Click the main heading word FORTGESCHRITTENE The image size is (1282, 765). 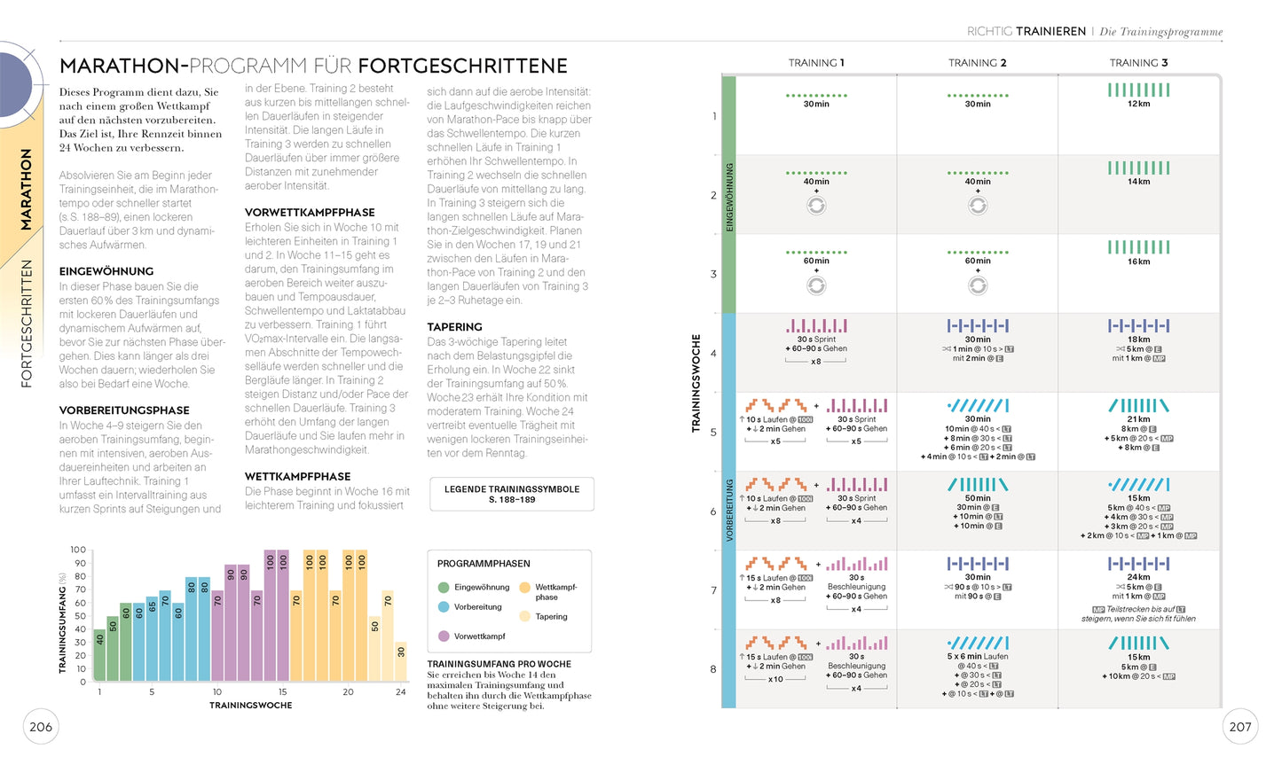click(x=462, y=66)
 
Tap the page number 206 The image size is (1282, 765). click(x=41, y=727)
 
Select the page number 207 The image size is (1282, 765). click(x=1239, y=727)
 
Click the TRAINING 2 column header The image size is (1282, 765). click(x=977, y=63)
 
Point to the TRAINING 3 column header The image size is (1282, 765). click(x=1138, y=63)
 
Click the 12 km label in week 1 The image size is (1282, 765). click(x=1138, y=104)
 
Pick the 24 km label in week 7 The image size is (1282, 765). click(x=1138, y=577)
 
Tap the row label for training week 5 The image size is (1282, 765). click(x=713, y=433)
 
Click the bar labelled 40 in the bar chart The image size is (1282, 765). click(x=99, y=654)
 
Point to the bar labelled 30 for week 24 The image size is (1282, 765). click(x=401, y=661)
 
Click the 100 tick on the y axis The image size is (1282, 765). click(x=78, y=550)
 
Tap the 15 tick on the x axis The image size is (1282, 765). click(x=282, y=691)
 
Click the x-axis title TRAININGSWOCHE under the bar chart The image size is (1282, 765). click(x=250, y=706)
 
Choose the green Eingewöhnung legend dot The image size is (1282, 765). click(x=444, y=587)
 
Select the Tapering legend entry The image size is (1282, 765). click(x=551, y=616)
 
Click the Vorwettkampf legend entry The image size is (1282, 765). click(x=479, y=636)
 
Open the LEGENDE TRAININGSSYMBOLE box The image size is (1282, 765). click(x=512, y=494)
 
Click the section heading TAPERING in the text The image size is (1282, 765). click(x=454, y=327)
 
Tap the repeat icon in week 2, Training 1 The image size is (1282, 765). click(x=816, y=206)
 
